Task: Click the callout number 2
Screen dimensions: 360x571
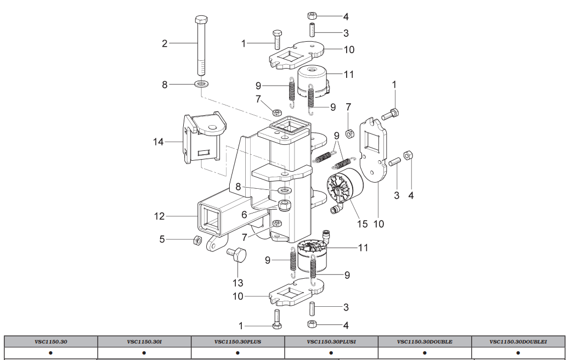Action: coord(165,43)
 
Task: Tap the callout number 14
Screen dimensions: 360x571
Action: coord(159,142)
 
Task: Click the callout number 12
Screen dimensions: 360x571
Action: coord(159,216)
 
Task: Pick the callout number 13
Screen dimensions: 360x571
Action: coord(238,283)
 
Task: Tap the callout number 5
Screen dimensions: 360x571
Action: coord(162,239)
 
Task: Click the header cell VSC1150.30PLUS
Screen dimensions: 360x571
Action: coord(238,341)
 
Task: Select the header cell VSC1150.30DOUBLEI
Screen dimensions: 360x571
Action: coord(518,341)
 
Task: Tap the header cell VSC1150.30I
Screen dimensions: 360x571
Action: coord(144,341)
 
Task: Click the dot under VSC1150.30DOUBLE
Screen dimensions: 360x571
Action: coord(425,353)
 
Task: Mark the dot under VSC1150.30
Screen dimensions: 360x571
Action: coord(50,353)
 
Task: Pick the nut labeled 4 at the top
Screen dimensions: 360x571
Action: coord(312,15)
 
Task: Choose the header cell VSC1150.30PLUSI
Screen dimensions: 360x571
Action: coord(331,341)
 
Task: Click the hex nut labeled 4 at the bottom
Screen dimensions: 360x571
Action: coord(311,323)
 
